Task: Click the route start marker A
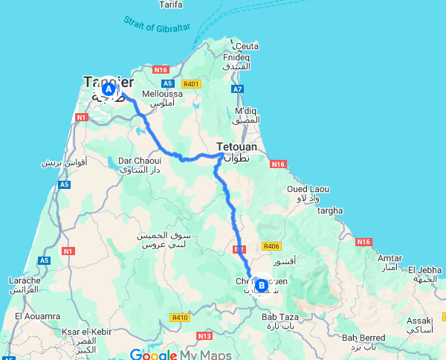[109, 89]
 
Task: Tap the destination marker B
[260, 284]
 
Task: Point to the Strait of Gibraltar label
[157, 26]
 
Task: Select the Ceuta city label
[248, 46]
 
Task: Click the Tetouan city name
[236, 147]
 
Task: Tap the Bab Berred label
[364, 338]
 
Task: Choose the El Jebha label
[427, 269]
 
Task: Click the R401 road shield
[192, 84]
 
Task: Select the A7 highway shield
[238, 89]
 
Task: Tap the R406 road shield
[271, 246]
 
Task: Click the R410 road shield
[180, 318]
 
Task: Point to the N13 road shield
[204, 336]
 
